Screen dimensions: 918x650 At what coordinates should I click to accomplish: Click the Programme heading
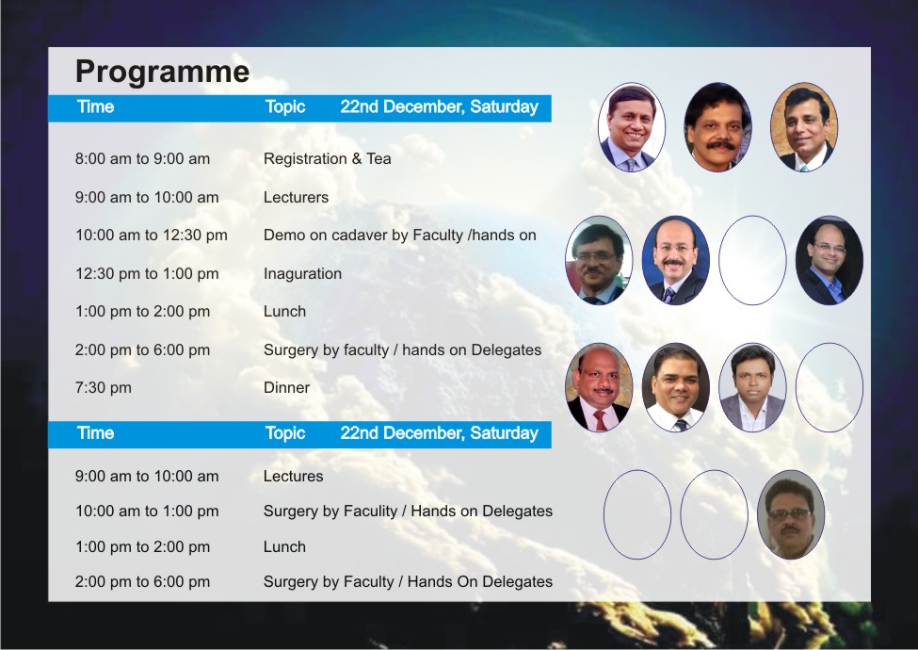pos(162,72)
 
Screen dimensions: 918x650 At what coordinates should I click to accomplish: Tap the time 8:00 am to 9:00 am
pos(142,158)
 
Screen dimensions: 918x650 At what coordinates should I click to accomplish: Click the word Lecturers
pos(296,197)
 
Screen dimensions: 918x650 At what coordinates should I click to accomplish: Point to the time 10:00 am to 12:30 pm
pos(151,236)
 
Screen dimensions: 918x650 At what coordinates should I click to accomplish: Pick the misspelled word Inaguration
pos(302,274)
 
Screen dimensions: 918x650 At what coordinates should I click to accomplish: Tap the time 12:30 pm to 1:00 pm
pos(147,274)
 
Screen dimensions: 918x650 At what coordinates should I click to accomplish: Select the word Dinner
pos(286,388)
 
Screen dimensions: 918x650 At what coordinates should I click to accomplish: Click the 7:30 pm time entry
pos(103,388)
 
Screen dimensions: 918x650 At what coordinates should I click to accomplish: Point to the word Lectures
pos(293,476)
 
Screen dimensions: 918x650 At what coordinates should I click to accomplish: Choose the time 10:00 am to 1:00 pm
pos(147,512)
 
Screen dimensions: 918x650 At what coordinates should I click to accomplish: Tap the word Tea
pos(378,158)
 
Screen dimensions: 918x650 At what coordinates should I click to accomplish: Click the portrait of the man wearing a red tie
pos(599,388)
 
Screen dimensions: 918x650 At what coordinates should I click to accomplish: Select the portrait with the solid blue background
pos(676,261)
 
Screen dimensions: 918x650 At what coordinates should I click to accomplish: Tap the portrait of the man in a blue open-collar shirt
pos(829,261)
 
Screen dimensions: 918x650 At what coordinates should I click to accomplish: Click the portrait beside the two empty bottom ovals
pos(791,514)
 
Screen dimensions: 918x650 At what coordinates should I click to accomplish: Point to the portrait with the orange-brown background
pos(804,127)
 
